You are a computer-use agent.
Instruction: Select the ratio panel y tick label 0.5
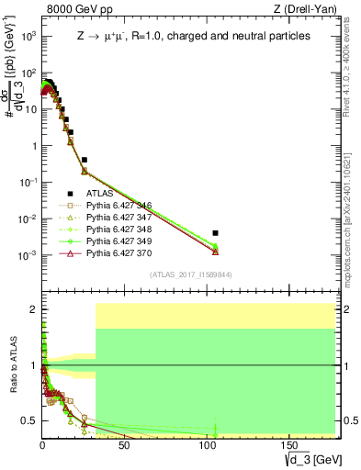coord(30,420)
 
